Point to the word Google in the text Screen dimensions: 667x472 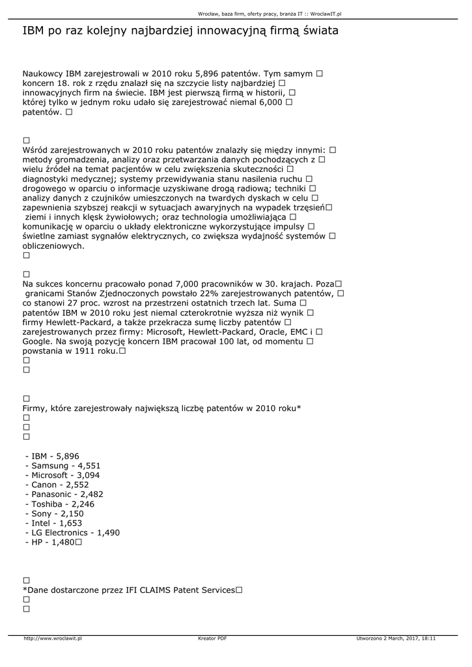[x=37, y=341]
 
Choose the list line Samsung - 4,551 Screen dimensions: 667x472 [x=63, y=466]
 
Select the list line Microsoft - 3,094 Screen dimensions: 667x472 [x=62, y=475]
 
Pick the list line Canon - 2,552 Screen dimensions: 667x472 [x=57, y=485]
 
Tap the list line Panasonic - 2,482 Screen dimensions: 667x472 [x=64, y=494]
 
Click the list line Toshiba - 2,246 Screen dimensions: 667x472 [x=59, y=504]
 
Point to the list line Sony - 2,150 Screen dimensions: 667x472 [x=55, y=513]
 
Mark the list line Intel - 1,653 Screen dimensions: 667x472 [x=53, y=523]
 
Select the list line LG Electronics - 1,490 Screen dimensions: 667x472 [x=72, y=532]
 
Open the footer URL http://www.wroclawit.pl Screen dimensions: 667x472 [x=53, y=638]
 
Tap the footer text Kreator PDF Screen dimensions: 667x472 [x=212, y=638]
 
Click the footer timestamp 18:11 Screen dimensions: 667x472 [x=428, y=638]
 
